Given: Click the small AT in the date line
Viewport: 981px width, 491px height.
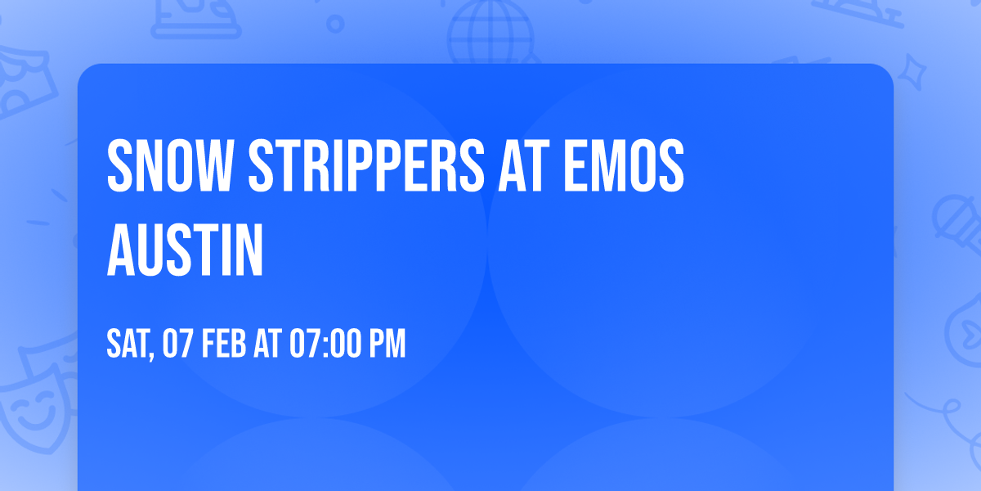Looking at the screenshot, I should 267,345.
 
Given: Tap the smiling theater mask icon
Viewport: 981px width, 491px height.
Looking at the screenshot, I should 33,409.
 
